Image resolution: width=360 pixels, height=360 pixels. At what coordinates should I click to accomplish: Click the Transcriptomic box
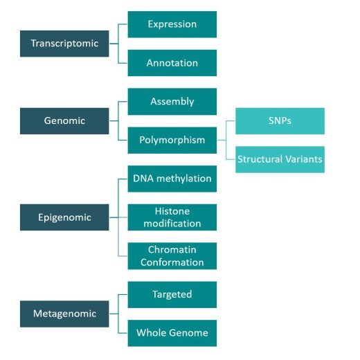pyautogui.click(x=64, y=44)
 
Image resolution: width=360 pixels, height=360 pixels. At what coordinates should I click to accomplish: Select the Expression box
pyautogui.click(x=172, y=24)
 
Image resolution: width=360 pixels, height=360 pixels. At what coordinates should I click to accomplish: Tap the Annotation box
pyautogui.click(x=172, y=63)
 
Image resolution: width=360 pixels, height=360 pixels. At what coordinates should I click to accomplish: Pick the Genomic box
pyautogui.click(x=64, y=121)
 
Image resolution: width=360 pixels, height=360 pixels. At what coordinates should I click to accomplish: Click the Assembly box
pyautogui.click(x=172, y=102)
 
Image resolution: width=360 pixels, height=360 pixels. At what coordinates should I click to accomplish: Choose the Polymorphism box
pyautogui.click(x=172, y=140)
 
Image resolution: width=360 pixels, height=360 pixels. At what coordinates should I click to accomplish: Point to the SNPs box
pyautogui.click(x=280, y=121)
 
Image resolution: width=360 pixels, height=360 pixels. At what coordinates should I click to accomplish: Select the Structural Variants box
pyautogui.click(x=280, y=159)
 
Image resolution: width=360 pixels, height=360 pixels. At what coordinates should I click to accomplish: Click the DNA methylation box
pyautogui.click(x=172, y=179)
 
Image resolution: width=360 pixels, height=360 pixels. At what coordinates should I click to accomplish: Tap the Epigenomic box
pyautogui.click(x=64, y=217)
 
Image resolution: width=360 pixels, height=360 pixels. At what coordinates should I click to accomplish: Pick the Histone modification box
pyautogui.click(x=172, y=217)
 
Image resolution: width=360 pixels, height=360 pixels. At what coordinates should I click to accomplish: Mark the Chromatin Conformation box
pyautogui.click(x=172, y=256)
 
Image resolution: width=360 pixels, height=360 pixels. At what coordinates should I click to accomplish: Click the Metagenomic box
pyautogui.click(x=64, y=314)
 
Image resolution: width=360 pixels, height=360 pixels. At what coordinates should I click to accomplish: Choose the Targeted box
pyautogui.click(x=172, y=295)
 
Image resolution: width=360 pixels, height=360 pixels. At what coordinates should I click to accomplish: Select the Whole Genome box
pyautogui.click(x=172, y=333)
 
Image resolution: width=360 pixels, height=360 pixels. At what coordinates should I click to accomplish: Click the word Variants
pyautogui.click(x=304, y=159)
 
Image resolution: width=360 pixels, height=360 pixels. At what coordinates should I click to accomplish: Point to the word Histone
pyautogui.click(x=172, y=211)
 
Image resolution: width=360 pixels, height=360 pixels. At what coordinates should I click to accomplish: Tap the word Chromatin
pyautogui.click(x=172, y=250)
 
